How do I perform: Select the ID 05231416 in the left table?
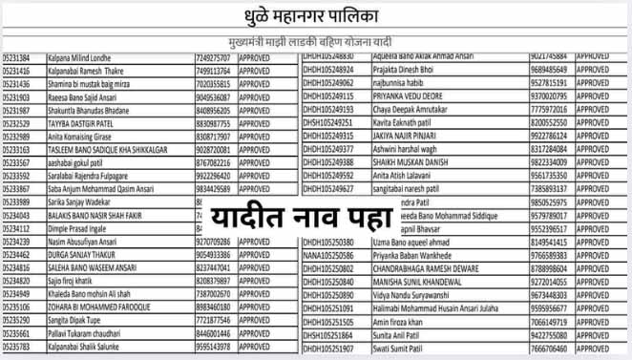coord(17,71)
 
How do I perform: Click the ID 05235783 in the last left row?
coord(17,348)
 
